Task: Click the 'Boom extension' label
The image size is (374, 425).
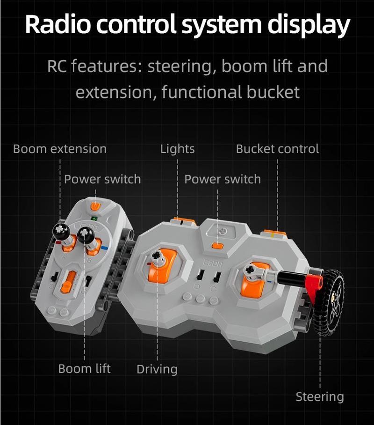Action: coord(60,149)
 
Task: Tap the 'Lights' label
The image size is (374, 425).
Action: coord(177,149)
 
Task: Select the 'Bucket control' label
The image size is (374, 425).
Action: coord(277,149)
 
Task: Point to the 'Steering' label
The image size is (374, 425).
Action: coord(320,397)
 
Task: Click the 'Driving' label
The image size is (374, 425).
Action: coord(157,369)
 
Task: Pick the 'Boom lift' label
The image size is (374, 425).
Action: coord(85,369)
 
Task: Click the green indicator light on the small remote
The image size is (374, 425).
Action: coord(94,218)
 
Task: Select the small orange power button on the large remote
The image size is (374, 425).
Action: coord(217,246)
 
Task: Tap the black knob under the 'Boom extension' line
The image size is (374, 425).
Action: coord(61,231)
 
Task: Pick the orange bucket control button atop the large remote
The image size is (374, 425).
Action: coord(274,233)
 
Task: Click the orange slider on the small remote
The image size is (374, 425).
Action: coord(69,282)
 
